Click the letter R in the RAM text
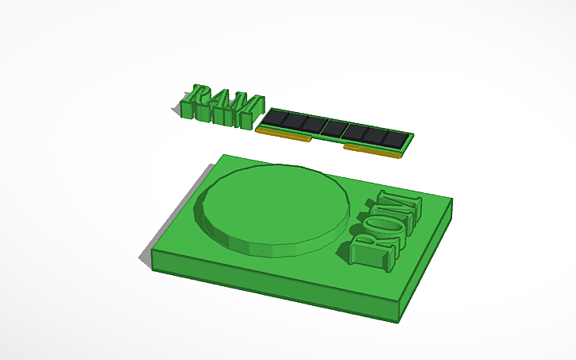click(196, 102)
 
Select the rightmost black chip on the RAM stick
click(393, 138)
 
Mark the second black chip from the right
click(373, 135)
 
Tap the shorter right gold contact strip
click(372, 151)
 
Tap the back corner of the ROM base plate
click(225, 155)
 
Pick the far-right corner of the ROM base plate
click(451, 199)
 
